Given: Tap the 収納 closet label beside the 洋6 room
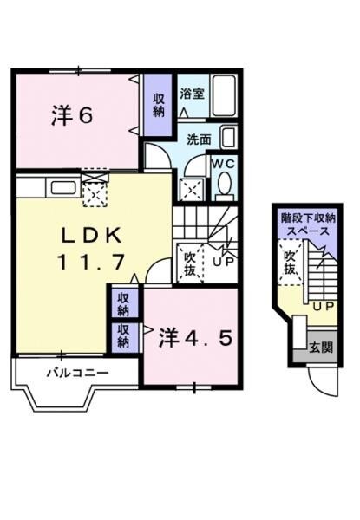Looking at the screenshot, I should pos(160,107).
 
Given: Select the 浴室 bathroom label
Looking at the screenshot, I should pos(193,94).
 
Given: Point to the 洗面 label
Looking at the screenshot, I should pos(199,139).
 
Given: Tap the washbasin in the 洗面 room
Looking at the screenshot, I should pos(227,137).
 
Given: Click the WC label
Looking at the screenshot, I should pos(221,162).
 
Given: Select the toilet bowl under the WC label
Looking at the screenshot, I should pos(223,185).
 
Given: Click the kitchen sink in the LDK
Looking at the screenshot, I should pos(62,186).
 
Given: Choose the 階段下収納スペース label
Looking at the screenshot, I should pos(305,225).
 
